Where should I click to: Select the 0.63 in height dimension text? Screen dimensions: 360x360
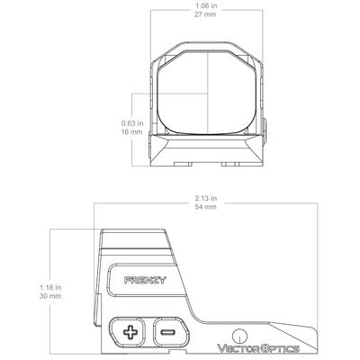pyautogui.click(x=132, y=123)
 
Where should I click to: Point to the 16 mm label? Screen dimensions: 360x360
pyautogui.click(x=132, y=132)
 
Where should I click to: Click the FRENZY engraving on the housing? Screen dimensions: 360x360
pyautogui.click(x=140, y=281)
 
